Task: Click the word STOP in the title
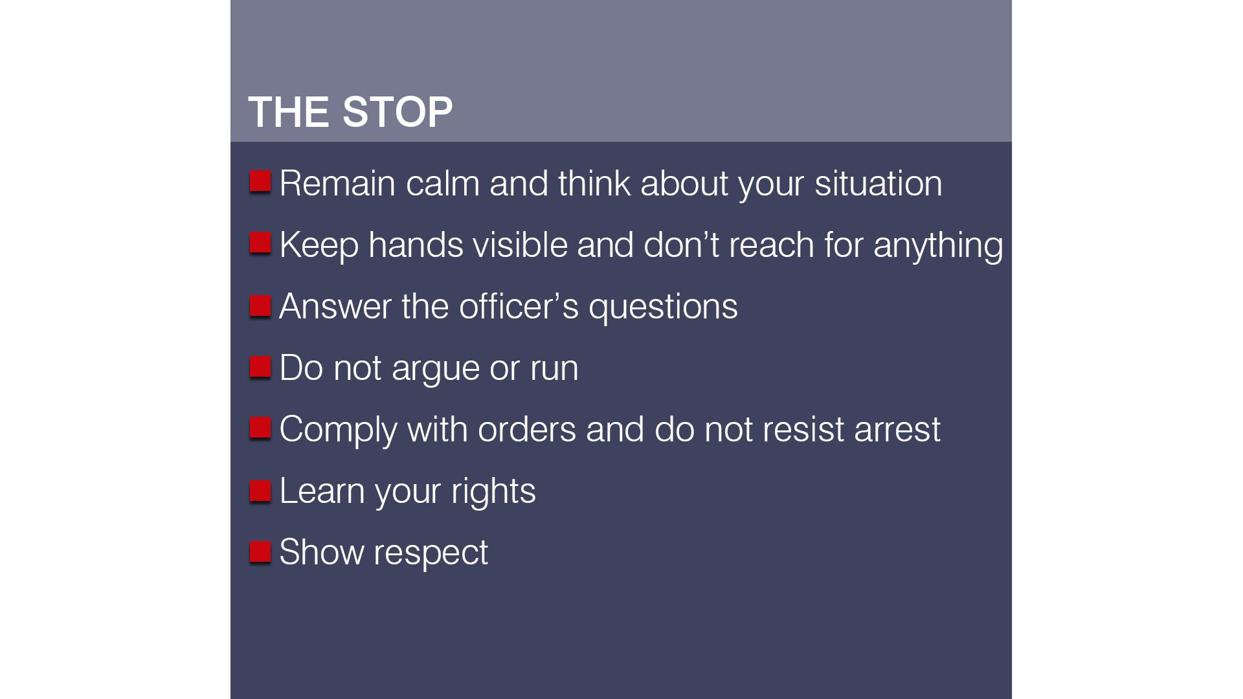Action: [x=397, y=112]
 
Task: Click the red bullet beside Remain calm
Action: [x=260, y=181]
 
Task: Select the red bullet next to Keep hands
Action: [x=260, y=243]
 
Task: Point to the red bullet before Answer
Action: [x=260, y=305]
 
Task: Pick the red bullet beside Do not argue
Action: [x=260, y=366]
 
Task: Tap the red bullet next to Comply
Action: [x=260, y=428]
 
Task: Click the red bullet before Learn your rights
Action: [x=260, y=491]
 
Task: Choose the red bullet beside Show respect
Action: [x=260, y=551]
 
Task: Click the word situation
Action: [x=878, y=183]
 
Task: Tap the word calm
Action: [x=442, y=183]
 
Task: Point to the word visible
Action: [x=519, y=245]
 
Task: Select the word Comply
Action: [x=338, y=430]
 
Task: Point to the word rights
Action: [x=493, y=491]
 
